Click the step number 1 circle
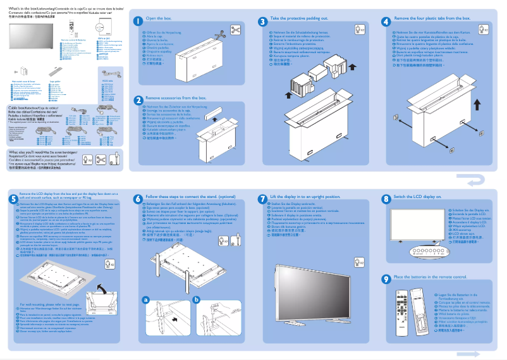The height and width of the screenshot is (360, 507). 138,21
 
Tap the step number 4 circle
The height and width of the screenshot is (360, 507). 386,21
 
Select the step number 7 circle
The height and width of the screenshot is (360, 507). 263,198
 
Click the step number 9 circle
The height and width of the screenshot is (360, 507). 386,278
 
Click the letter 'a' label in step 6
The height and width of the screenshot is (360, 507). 145,299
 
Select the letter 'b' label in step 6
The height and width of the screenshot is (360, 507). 196,299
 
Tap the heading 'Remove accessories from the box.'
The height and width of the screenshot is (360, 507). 176,99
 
